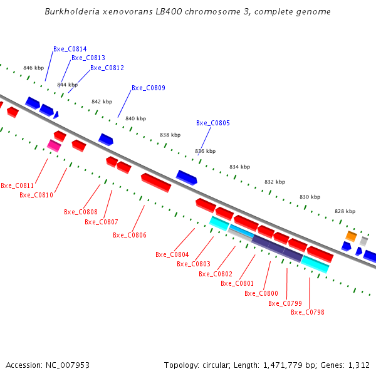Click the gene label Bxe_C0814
coord(70,49)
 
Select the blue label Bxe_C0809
coord(149,88)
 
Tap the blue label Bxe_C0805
coord(213,123)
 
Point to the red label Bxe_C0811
coord(18,185)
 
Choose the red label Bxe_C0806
coord(130,235)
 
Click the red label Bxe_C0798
coord(308,312)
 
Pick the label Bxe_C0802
coord(216,274)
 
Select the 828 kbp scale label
coord(345,211)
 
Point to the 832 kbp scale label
coord(274,182)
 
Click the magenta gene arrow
coord(54,145)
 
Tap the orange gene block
coord(352,236)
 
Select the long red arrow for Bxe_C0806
coord(156,183)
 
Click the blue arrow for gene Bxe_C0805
coord(187,177)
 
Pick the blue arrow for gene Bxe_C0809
coord(105,139)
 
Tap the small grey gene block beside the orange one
coord(363,241)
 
